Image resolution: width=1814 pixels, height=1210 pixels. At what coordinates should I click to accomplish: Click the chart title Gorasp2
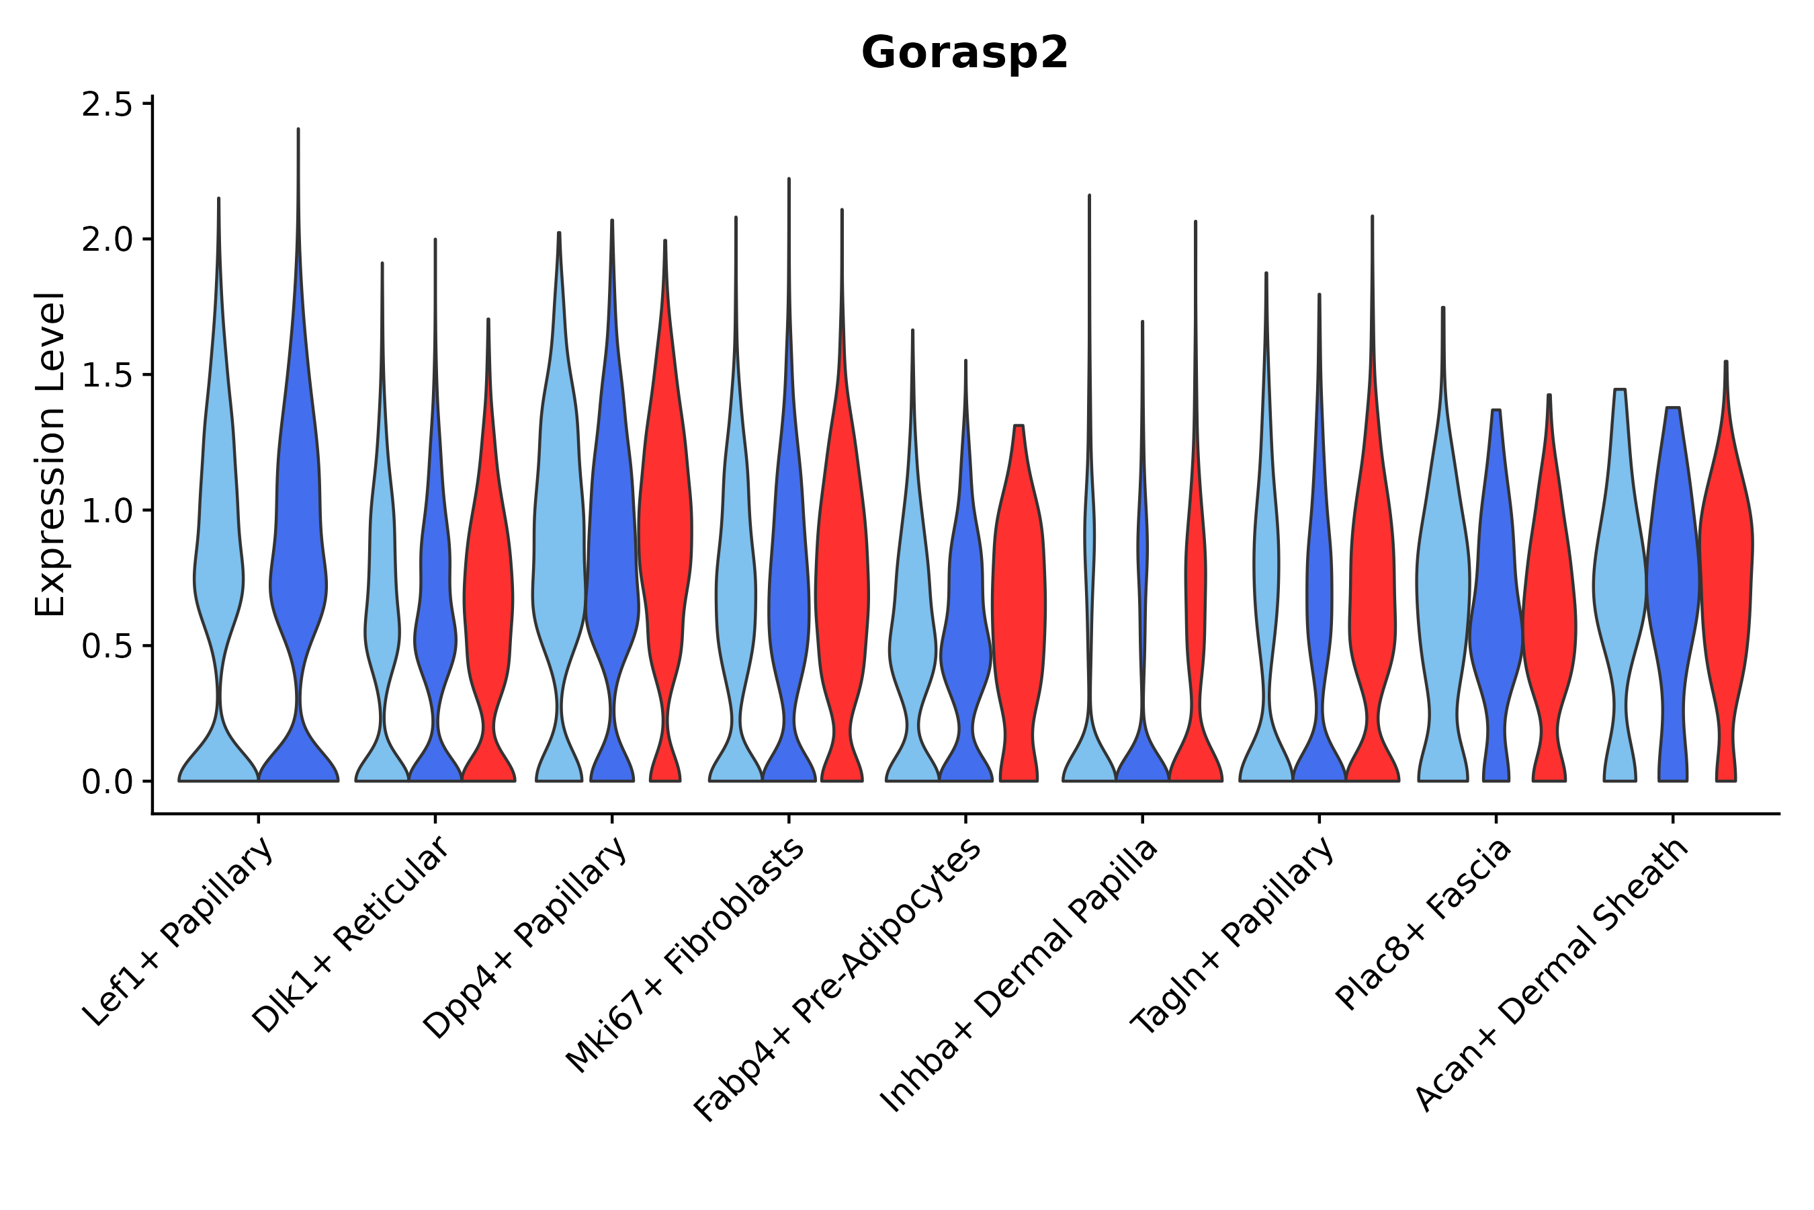tap(964, 53)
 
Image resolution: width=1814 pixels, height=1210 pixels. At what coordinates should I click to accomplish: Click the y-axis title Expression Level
tap(51, 454)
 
